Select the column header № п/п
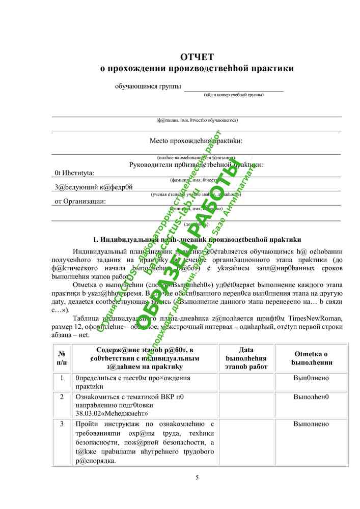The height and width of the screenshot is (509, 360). [x=62, y=358]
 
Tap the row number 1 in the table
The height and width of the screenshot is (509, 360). [x=62, y=378]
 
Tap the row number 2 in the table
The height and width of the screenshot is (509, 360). [x=62, y=397]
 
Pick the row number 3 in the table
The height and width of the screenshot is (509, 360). [x=62, y=424]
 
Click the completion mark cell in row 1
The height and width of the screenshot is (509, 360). [x=311, y=378]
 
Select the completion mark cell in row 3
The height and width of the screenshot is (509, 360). [x=311, y=424]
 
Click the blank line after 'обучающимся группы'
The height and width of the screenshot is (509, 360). [x=234, y=88]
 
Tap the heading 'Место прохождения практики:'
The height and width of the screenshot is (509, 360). [x=196, y=140]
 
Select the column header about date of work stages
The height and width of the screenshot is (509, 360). [x=246, y=358]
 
